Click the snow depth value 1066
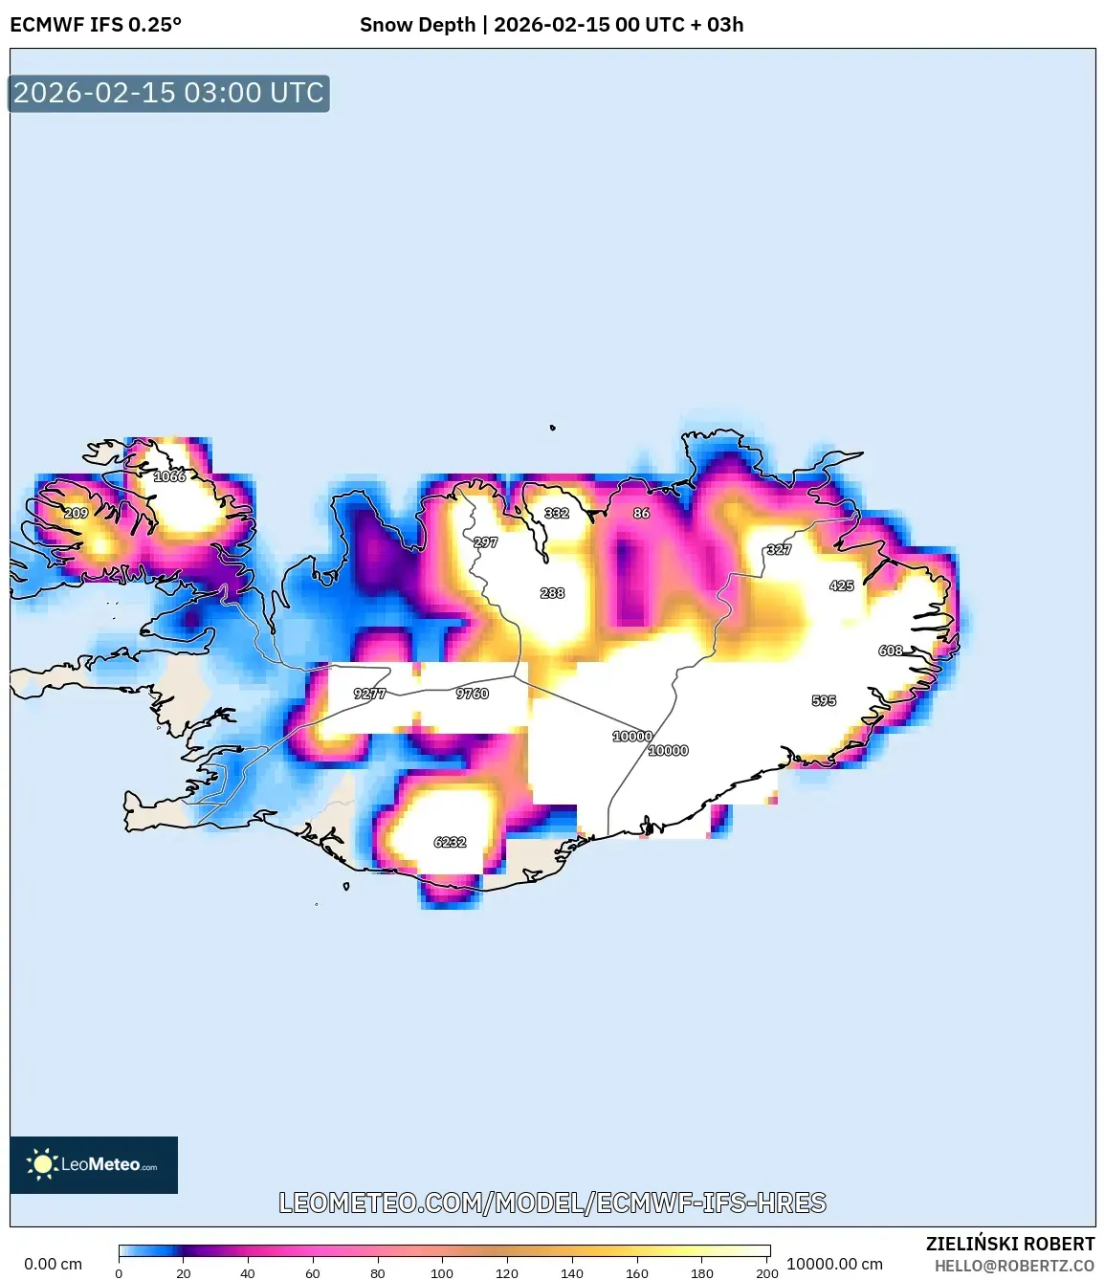click(x=169, y=476)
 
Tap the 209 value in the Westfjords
click(x=76, y=514)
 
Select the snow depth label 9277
click(x=369, y=694)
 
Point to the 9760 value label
click(x=473, y=694)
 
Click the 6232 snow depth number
click(x=450, y=842)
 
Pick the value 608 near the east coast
click(x=891, y=651)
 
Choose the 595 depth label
click(x=824, y=700)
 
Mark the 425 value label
click(x=842, y=585)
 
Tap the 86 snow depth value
click(x=641, y=514)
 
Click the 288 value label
click(x=552, y=593)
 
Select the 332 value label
click(x=557, y=514)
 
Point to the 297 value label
click(x=486, y=542)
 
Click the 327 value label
click(x=779, y=550)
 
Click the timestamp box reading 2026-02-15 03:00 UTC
click(x=168, y=94)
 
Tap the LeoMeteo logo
click(x=94, y=1164)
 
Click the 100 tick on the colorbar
click(x=442, y=1273)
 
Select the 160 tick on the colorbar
click(x=637, y=1273)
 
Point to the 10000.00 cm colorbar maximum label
click(x=834, y=1264)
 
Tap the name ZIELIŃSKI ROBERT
click(x=1010, y=1244)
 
